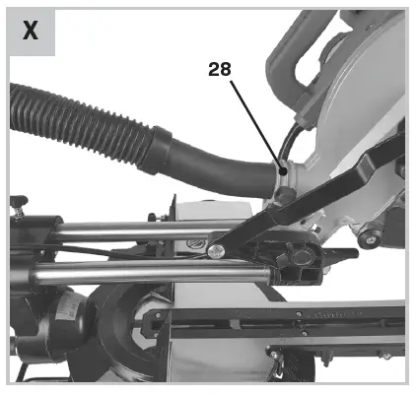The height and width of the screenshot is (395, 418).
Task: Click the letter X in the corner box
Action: click(31, 31)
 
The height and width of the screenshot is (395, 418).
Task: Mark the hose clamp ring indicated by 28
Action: click(282, 177)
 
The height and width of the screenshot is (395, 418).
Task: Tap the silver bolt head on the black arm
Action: click(215, 251)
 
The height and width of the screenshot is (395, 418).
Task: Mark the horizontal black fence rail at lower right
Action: click(296, 317)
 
